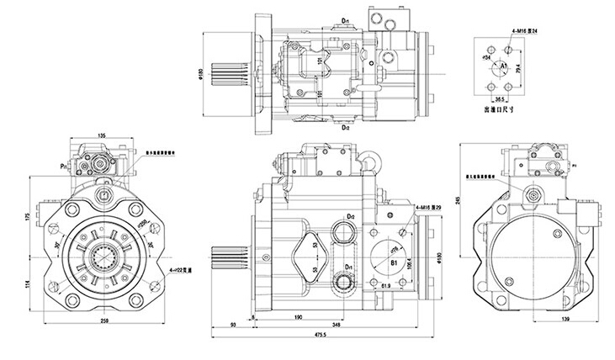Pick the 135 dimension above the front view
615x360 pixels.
click(101, 135)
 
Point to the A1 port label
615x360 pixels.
click(504, 65)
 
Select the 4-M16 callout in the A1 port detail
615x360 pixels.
click(523, 31)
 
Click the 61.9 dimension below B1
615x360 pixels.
click(388, 287)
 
